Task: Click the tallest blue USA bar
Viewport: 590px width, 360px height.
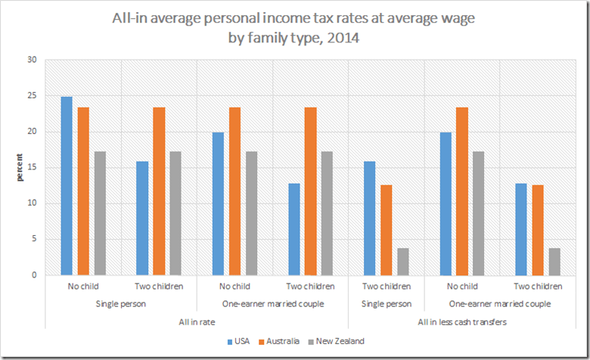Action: pos(67,186)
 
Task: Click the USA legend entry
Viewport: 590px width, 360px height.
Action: pos(241,341)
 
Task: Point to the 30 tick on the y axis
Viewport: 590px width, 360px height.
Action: pos(32,61)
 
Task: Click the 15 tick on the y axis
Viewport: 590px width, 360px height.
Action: pos(32,168)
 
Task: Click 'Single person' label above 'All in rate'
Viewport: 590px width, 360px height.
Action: pos(121,303)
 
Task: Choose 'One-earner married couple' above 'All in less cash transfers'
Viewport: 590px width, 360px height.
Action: pos(499,303)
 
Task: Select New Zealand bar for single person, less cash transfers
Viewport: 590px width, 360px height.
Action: pos(402,262)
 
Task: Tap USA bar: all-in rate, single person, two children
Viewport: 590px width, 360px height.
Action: pos(142,219)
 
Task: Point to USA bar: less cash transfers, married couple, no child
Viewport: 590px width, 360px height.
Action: pos(445,204)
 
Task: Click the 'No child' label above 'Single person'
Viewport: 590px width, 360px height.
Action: pos(83,287)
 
